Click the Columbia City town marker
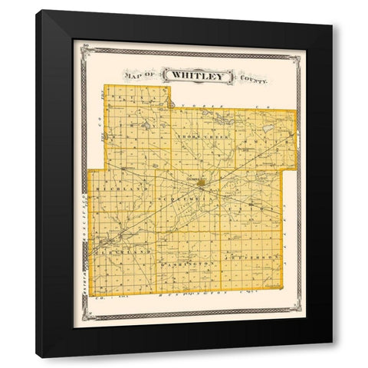(x=201, y=184)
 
